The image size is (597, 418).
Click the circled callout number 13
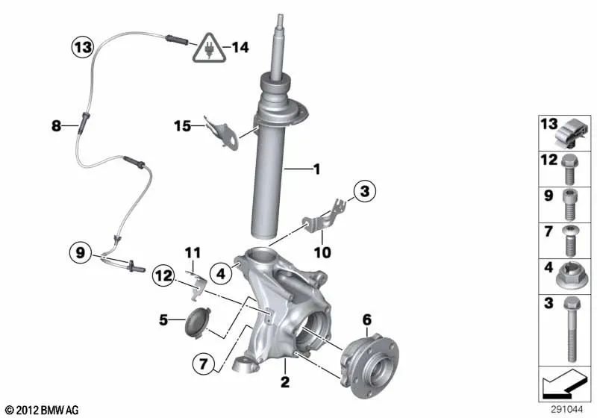(83, 47)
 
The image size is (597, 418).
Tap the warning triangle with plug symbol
(209, 49)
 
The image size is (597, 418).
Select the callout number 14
(240, 48)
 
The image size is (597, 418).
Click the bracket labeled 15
(222, 132)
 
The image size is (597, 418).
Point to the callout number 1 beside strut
(316, 169)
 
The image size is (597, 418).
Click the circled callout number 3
(365, 191)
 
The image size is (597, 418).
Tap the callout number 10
(322, 252)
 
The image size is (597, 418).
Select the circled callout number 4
(221, 273)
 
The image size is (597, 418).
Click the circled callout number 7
(203, 364)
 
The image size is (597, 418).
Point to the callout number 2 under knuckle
(285, 382)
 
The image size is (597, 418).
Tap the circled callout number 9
(81, 252)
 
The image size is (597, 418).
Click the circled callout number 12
(163, 275)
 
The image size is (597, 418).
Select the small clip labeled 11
(197, 284)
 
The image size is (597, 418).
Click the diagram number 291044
(566, 409)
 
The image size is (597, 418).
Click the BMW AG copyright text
(43, 410)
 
